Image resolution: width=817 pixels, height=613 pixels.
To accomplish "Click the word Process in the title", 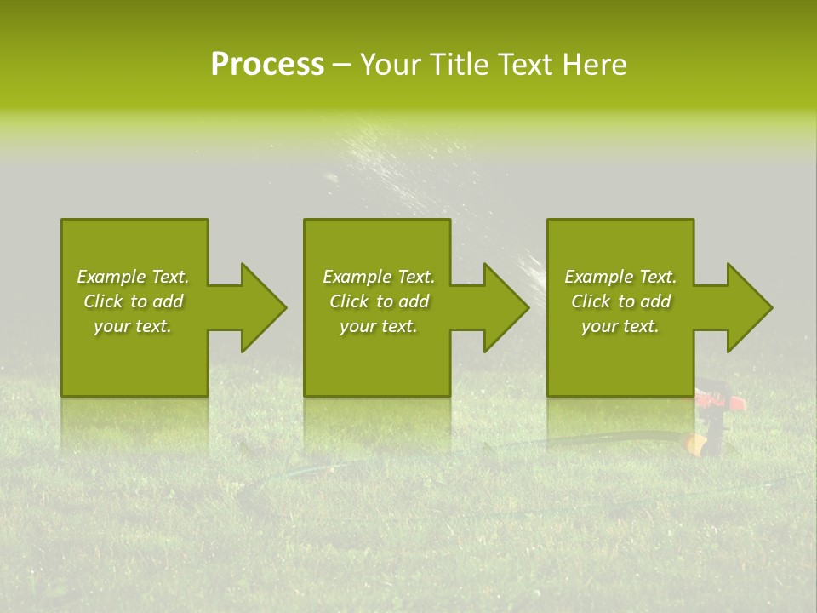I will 267,65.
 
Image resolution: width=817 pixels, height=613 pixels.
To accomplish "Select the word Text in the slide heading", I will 526,65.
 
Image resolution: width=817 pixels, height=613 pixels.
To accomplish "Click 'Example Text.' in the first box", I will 133,277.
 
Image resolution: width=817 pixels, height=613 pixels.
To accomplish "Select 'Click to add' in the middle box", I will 379,301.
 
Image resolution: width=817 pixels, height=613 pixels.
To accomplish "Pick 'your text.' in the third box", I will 620,326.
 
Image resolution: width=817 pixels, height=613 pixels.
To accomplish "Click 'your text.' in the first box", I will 133,326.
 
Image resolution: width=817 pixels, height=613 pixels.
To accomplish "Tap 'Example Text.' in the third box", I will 620,277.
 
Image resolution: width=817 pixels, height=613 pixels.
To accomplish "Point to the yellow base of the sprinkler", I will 696,444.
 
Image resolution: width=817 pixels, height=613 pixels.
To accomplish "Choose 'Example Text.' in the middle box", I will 379,277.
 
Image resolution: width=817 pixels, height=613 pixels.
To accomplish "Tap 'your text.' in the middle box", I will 379,326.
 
